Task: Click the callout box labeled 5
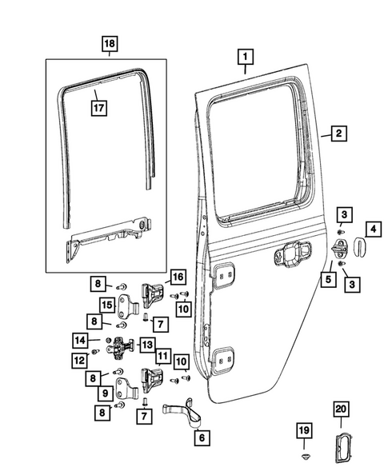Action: click(x=327, y=279)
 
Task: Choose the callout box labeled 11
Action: click(x=162, y=355)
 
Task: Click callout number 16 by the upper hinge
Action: click(x=177, y=277)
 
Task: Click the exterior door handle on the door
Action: click(x=291, y=257)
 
